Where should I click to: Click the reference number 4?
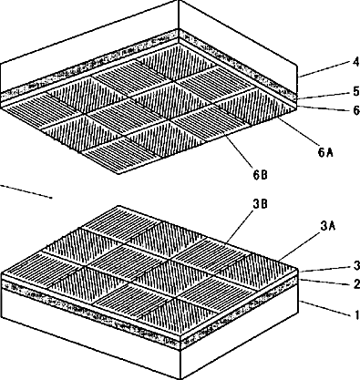tap(356, 62)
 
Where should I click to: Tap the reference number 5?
tap(356, 91)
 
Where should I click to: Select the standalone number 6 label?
tap(356, 110)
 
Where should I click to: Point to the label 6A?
tap(325, 152)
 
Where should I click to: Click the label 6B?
tap(260, 175)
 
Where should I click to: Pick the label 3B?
tap(261, 204)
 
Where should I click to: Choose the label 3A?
tap(328, 226)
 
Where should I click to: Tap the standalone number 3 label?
tap(356, 265)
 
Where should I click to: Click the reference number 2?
tap(356, 284)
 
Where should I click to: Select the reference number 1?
tap(357, 314)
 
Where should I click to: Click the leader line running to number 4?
tap(324, 69)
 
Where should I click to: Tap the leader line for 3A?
tap(298, 247)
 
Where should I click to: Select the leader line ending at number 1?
tap(326, 309)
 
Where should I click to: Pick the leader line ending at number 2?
tap(325, 282)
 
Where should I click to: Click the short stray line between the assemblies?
tap(26, 191)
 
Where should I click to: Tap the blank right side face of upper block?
tap(237, 46)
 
